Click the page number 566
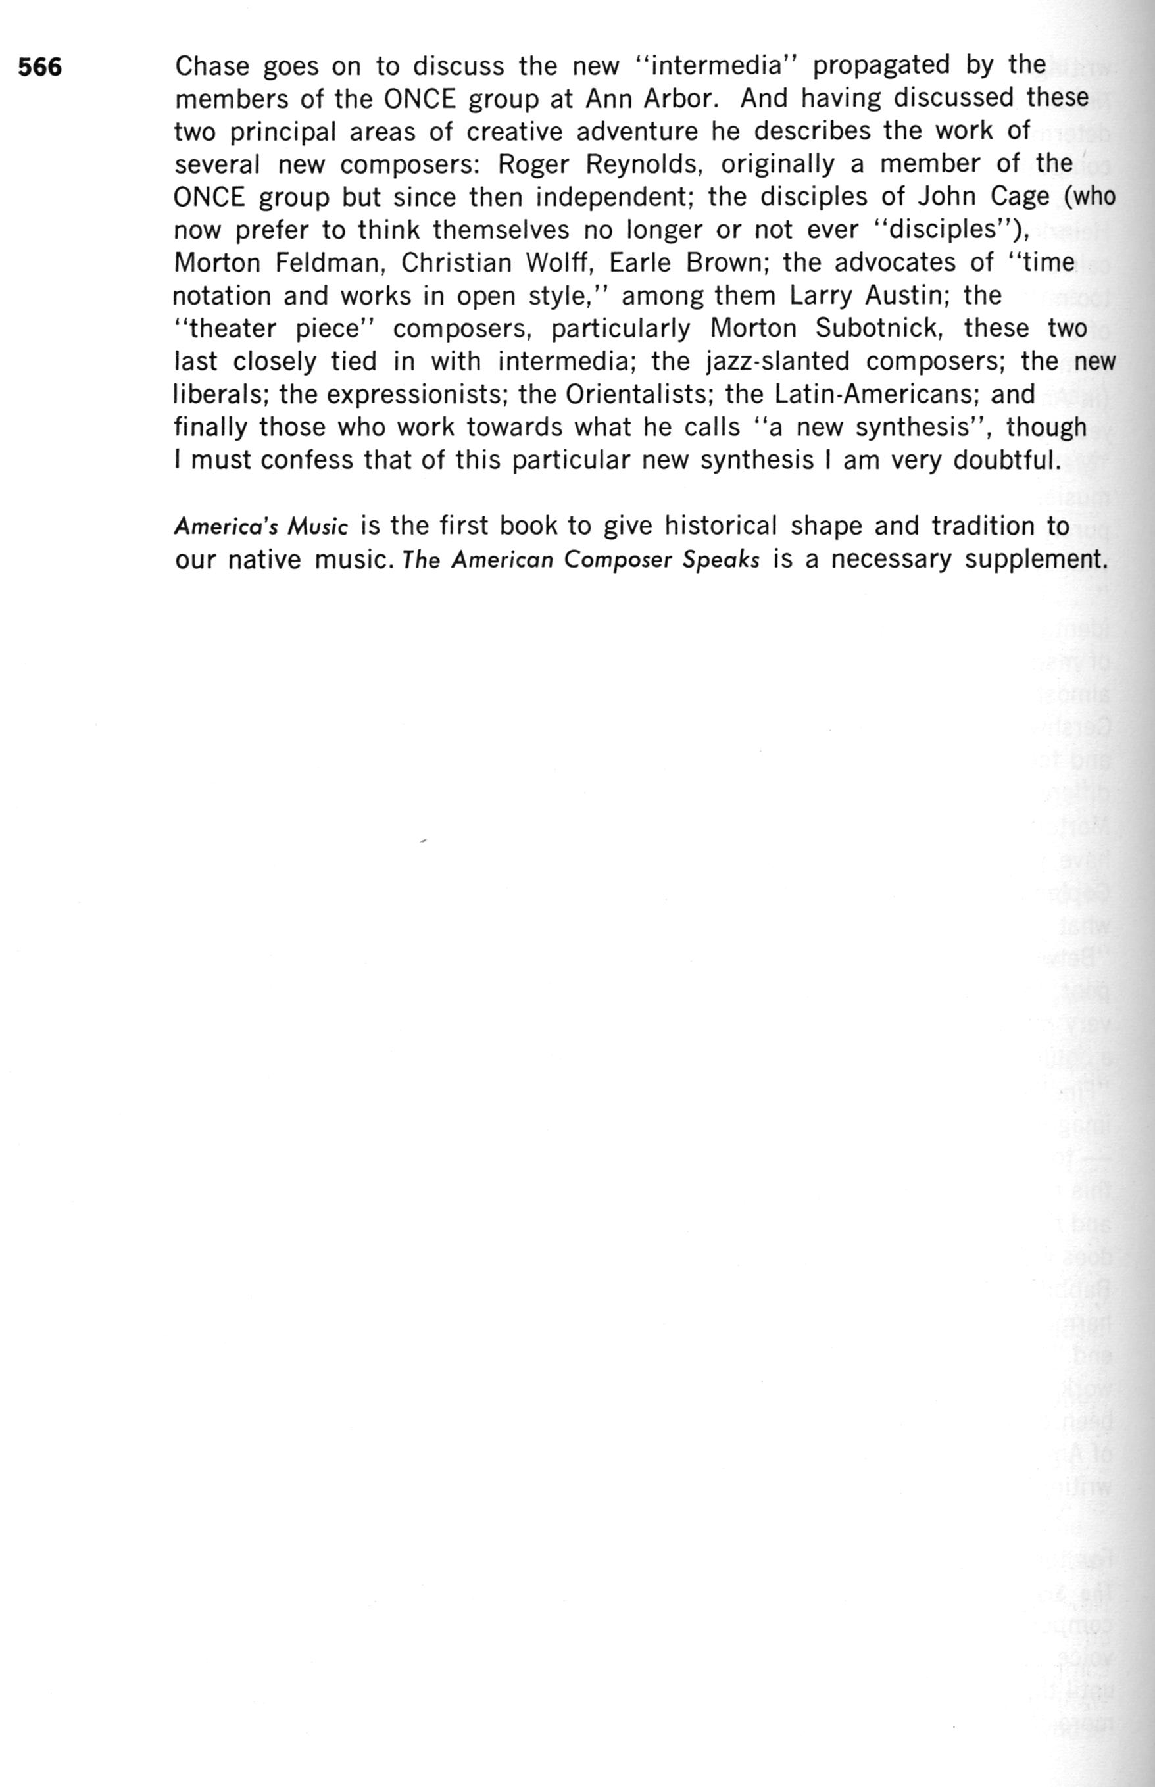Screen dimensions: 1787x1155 pos(39,68)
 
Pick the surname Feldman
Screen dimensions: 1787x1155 pos(330,263)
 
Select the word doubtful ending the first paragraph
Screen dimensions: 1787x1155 pos(1006,460)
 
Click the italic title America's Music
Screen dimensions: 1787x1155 pos(261,527)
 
